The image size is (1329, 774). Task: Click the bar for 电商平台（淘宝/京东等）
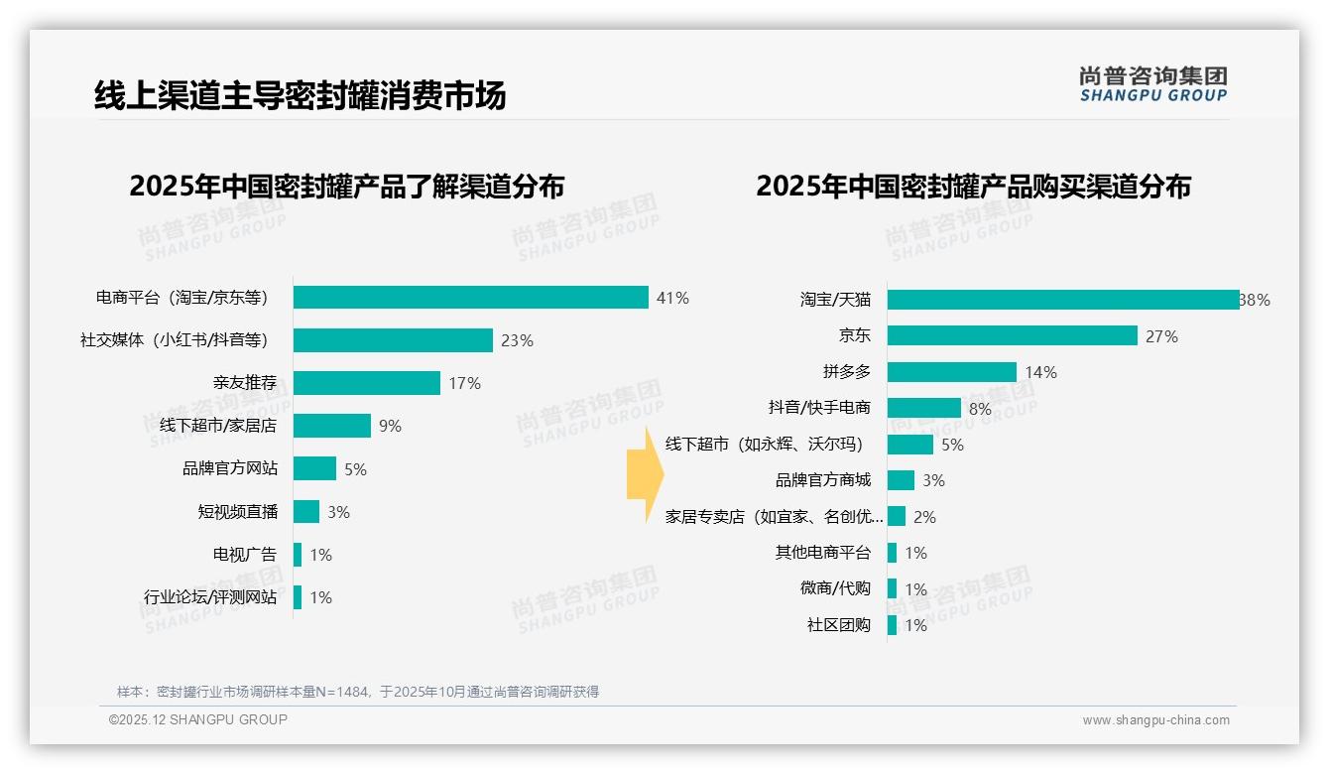471,298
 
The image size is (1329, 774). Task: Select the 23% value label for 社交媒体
517,340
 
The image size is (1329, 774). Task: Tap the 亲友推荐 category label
245,383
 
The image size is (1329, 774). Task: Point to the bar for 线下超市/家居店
332,426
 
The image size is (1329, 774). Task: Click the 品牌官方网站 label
230,468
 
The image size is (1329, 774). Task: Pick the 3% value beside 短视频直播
338,512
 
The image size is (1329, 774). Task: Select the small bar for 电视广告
298,555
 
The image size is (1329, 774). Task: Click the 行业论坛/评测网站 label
210,597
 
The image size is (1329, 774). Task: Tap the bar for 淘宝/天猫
1063,300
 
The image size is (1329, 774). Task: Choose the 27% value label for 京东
1161,336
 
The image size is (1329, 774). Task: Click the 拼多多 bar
952,372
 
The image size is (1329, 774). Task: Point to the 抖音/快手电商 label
819,408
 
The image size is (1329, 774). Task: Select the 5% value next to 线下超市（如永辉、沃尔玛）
952,445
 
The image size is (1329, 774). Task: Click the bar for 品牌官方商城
901,480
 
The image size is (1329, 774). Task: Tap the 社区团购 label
839,625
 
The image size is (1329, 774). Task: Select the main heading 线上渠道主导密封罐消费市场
300,95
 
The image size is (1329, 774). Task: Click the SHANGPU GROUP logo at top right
1153,84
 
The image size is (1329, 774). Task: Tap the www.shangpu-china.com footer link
1155,720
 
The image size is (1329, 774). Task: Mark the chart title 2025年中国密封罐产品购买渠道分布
973,187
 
